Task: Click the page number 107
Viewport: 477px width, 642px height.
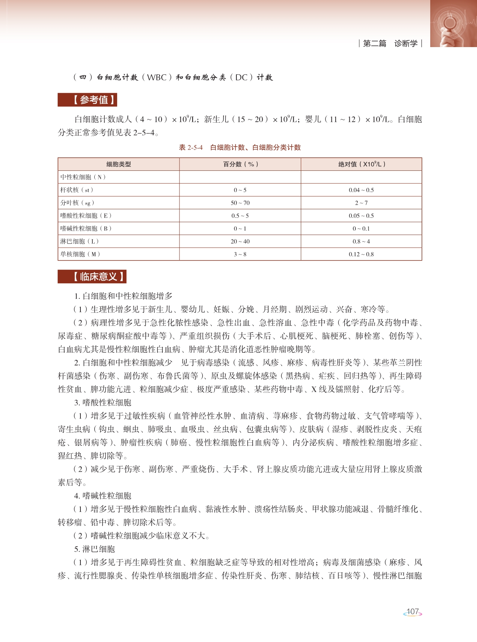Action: tap(412, 612)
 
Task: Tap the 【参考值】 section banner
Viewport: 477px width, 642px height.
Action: tap(87, 100)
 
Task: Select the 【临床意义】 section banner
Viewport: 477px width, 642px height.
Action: tap(92, 277)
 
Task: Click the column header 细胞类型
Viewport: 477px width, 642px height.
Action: tap(119, 164)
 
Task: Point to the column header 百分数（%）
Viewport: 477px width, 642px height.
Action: tap(240, 164)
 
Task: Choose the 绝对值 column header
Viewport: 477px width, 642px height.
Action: tap(361, 164)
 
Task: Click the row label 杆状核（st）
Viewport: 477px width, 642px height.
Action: tap(77, 190)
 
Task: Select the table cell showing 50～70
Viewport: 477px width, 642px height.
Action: tap(240, 203)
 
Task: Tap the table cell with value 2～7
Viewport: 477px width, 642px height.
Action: tap(361, 203)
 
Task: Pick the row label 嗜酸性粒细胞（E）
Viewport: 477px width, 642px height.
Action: tap(86, 216)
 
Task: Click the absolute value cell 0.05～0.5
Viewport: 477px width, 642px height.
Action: tap(361, 216)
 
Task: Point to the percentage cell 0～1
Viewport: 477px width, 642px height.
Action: tap(240, 229)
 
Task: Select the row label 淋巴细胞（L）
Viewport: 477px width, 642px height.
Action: tap(80, 241)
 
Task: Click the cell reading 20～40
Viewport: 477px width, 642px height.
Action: tap(240, 241)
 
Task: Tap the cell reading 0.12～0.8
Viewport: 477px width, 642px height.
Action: tap(361, 254)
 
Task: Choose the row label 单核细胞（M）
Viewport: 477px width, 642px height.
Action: tap(80, 254)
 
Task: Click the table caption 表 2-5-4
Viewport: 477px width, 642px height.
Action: tap(191, 148)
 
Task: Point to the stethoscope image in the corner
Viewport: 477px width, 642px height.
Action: tap(453, 24)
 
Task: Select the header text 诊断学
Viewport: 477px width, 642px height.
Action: tap(406, 43)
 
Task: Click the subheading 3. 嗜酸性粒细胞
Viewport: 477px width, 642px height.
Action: tap(103, 402)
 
